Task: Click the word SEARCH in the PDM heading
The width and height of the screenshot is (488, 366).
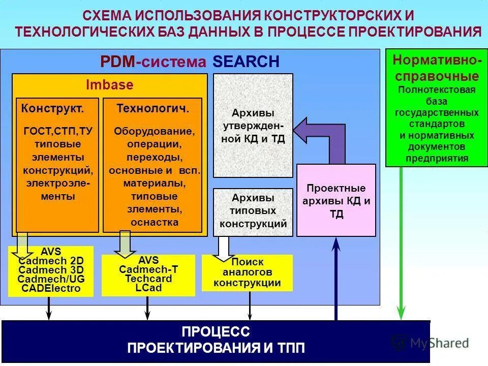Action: [246, 62]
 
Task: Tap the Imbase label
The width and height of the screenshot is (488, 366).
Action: [109, 85]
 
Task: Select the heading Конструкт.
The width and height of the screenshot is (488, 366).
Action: [52, 108]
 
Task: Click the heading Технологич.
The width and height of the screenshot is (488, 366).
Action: [153, 108]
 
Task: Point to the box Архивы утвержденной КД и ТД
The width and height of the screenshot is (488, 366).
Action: [253, 125]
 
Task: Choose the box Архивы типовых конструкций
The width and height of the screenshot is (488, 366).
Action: [253, 211]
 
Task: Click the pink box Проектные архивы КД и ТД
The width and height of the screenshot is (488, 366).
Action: [336, 201]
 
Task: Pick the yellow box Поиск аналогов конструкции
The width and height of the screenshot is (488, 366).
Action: [247, 273]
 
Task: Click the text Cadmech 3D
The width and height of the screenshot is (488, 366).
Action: [51, 270]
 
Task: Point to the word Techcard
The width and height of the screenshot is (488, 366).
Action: [148, 279]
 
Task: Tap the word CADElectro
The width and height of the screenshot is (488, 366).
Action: [51, 289]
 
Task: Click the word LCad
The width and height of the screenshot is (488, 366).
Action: [148, 288]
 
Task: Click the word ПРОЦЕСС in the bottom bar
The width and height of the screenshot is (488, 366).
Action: [216, 332]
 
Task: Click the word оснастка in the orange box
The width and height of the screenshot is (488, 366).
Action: [155, 222]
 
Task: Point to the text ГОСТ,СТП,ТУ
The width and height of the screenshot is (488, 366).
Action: [58, 132]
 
